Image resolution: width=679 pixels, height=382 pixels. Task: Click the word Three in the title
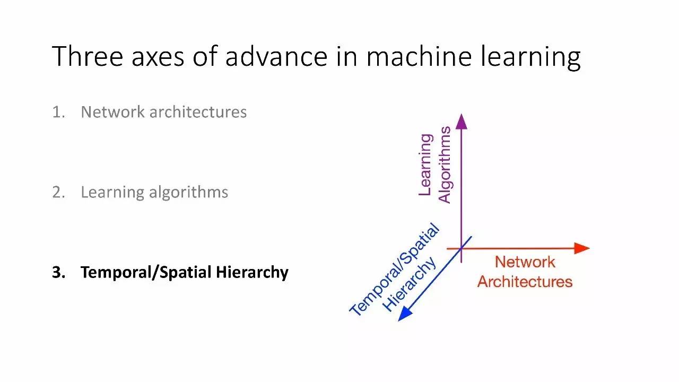(89, 56)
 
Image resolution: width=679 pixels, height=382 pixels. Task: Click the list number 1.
(57, 112)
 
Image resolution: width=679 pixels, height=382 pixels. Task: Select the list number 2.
(58, 192)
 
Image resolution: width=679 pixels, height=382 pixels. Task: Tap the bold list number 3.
(58, 272)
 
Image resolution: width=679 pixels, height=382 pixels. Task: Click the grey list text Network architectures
(163, 112)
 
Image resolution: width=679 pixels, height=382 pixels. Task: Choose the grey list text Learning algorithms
(154, 193)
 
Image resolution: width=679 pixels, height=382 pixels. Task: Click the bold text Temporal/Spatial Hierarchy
(184, 273)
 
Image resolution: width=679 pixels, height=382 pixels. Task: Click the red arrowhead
(582, 248)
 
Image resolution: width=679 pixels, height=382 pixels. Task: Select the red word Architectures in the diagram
(525, 282)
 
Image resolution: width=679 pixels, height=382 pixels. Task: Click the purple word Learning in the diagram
(425, 164)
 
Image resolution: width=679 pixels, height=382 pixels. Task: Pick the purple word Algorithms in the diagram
(445, 164)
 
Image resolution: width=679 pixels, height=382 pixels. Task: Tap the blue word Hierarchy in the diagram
(410, 284)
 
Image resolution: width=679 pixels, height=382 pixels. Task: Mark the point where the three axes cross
(461, 248)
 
